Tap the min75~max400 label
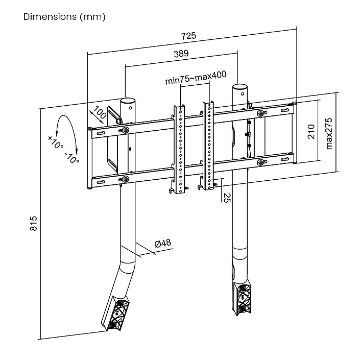pyautogui.click(x=196, y=80)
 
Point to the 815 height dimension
pyautogui.click(x=34, y=224)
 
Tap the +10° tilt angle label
pyautogui.click(x=56, y=142)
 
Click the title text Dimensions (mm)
pyautogui.click(x=64, y=17)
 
